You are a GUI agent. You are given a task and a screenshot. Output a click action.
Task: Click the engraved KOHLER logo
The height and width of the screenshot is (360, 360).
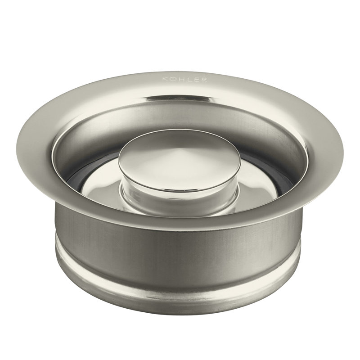(184, 80)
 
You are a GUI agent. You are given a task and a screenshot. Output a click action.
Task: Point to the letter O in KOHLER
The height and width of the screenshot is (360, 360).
(173, 80)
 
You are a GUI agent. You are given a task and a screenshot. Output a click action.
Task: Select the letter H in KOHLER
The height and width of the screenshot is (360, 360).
(181, 80)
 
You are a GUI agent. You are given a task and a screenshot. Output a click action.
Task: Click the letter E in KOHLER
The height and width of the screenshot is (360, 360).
(196, 80)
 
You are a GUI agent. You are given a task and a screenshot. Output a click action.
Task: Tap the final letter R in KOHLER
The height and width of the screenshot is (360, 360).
(204, 80)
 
